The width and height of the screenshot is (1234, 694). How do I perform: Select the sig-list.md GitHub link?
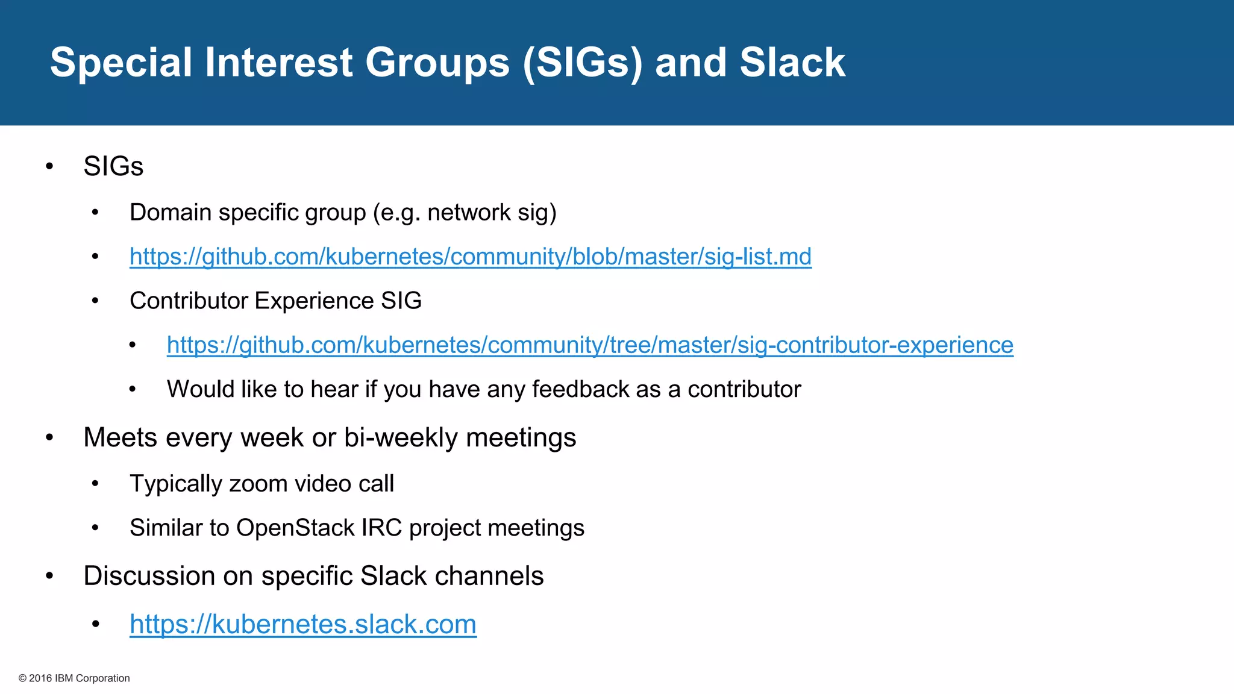tap(470, 257)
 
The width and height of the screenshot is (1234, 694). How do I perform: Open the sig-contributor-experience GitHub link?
tap(589, 345)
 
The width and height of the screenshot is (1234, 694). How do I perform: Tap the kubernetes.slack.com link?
tap(302, 624)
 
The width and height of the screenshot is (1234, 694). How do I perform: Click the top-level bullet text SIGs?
tap(113, 166)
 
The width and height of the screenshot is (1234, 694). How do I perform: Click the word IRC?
tap(381, 528)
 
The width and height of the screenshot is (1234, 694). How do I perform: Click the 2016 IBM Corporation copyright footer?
tap(74, 678)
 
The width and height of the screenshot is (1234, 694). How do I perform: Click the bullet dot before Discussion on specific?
tap(49, 577)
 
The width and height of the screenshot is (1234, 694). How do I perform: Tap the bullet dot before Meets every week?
tap(49, 438)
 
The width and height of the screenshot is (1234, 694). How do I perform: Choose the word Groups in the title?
tap(437, 63)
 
